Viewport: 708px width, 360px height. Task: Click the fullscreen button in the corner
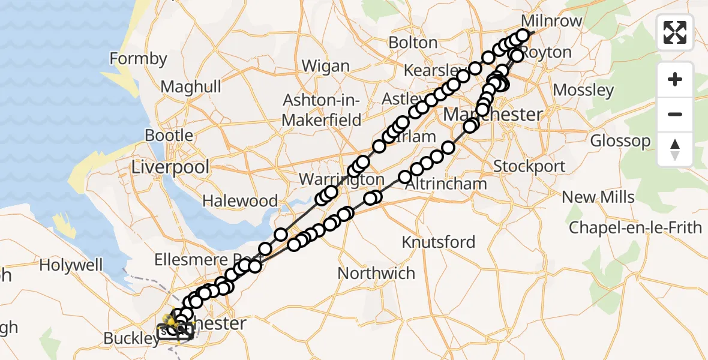[675, 32]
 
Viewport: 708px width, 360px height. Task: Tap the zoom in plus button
[675, 79]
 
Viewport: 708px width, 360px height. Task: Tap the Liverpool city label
[170, 166]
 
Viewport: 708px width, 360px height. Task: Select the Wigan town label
[325, 65]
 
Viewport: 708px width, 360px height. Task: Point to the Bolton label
[413, 43]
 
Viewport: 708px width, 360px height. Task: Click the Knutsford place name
[438, 242]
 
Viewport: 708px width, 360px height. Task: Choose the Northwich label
[376, 273]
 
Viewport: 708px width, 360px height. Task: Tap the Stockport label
[529, 166]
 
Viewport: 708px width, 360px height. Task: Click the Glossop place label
[620, 141]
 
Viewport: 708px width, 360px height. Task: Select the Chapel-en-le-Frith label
[635, 228]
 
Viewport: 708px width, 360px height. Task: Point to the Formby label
[139, 59]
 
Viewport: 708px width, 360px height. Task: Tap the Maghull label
[191, 87]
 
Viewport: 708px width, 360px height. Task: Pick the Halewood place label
[240, 200]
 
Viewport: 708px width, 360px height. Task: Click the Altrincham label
[446, 184]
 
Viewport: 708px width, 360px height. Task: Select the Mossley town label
[583, 91]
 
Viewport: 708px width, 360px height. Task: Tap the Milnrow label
[552, 21]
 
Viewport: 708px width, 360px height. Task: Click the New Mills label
[598, 197]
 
